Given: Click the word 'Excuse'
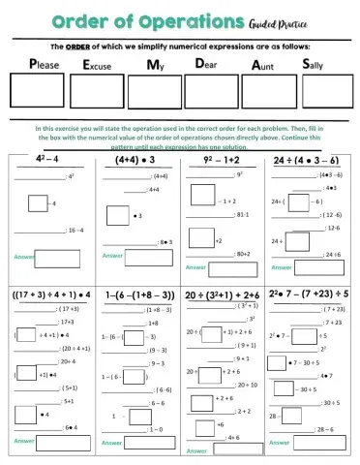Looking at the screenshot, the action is [x=104, y=65].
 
